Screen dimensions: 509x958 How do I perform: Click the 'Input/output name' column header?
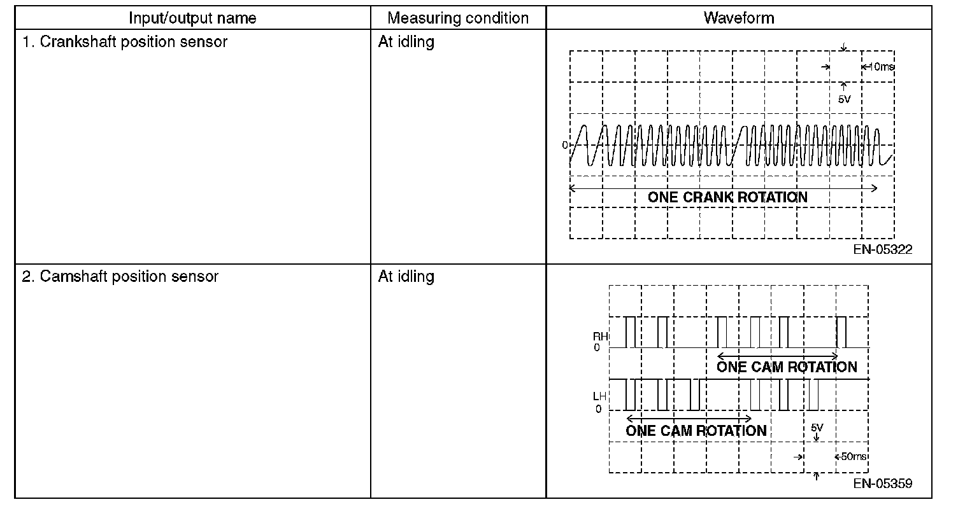(192, 18)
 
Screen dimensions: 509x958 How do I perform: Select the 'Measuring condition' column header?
(458, 18)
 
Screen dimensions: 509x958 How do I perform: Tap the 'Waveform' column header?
(739, 18)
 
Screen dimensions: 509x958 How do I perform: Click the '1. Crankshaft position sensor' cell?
(125, 43)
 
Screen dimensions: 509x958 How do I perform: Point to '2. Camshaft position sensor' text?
(120, 277)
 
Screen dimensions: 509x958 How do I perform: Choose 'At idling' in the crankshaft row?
(406, 43)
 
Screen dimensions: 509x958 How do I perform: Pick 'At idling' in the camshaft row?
(406, 277)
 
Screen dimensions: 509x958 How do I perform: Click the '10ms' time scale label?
(881, 67)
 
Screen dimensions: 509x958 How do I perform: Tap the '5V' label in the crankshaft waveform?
(844, 100)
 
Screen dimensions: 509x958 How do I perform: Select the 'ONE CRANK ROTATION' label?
(727, 197)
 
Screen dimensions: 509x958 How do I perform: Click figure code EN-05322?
(883, 249)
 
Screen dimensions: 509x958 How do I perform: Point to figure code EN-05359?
(883, 484)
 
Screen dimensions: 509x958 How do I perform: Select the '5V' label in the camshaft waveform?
(817, 428)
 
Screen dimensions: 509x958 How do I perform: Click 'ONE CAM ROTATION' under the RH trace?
(787, 367)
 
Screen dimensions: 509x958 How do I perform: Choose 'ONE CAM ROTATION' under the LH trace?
(696, 431)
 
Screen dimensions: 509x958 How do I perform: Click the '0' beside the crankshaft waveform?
(564, 146)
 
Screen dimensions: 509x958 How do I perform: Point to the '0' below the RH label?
(597, 348)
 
